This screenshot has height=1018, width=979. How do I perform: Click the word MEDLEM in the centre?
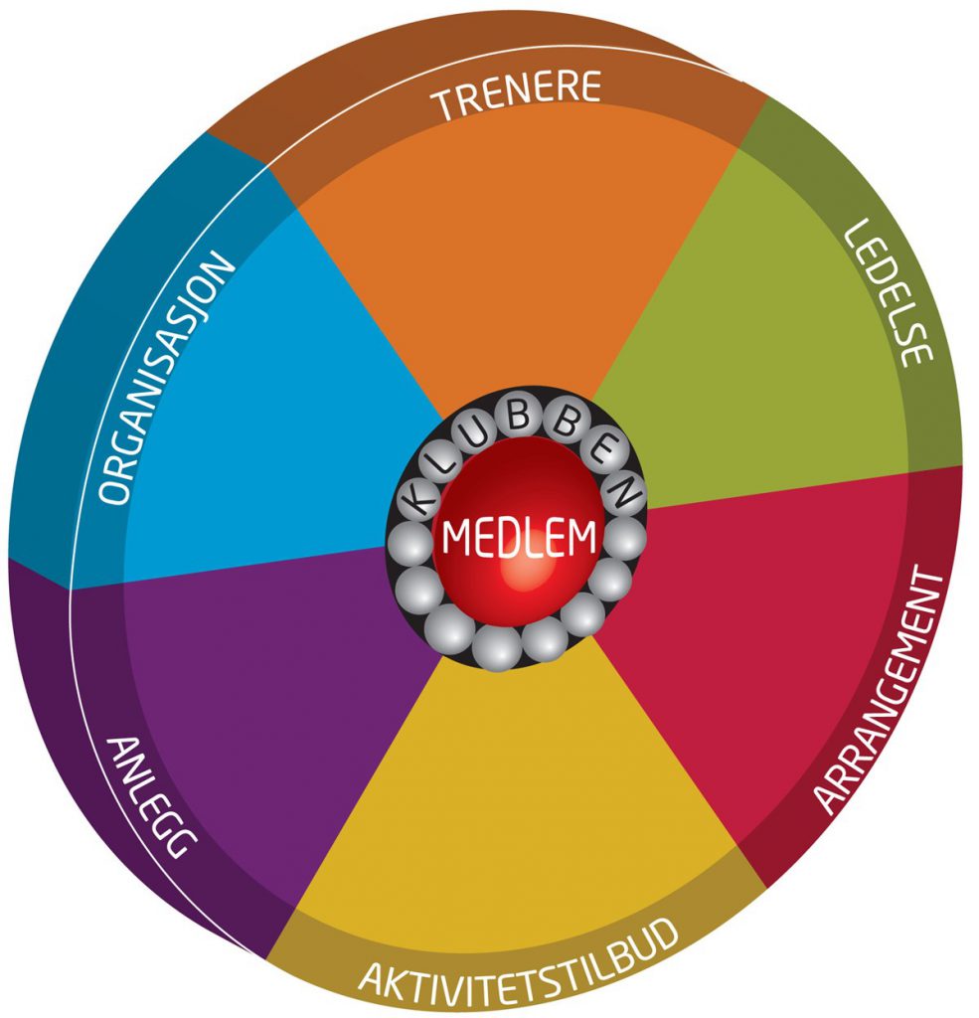point(519,538)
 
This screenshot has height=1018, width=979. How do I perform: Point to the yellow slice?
point(517,795)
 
